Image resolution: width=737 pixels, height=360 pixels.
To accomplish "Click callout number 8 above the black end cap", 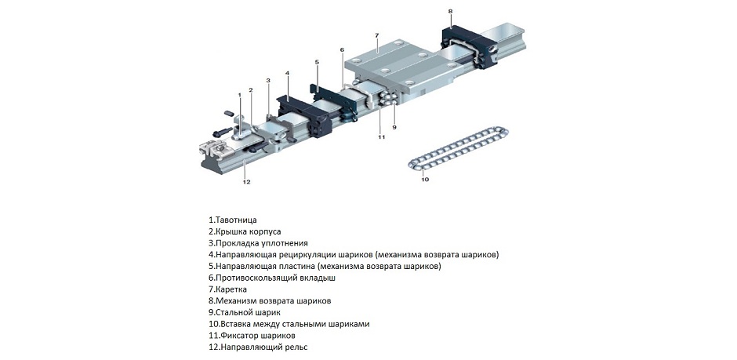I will pyautogui.click(x=450, y=11).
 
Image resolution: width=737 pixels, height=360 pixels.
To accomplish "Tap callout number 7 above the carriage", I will pyautogui.click(x=377, y=35).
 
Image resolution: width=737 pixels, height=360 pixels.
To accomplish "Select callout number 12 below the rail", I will pyautogui.click(x=245, y=182).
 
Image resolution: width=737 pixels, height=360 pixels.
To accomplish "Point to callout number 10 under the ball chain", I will pyautogui.click(x=425, y=179).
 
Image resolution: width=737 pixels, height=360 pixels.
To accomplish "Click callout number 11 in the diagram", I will pyautogui.click(x=381, y=137).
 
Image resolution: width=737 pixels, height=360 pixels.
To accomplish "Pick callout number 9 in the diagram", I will pyautogui.click(x=394, y=126).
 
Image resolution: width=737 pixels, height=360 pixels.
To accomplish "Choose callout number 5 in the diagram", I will pyautogui.click(x=317, y=61).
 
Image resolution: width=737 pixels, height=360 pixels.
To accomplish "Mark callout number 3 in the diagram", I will pyautogui.click(x=268, y=80).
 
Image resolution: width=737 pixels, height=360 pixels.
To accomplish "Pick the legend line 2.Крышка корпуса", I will pyautogui.click(x=245, y=231).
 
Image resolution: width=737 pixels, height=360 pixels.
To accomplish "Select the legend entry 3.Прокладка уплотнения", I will pyautogui.click(x=258, y=243).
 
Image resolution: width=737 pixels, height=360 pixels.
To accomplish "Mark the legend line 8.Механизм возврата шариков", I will pyautogui.click(x=274, y=300).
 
